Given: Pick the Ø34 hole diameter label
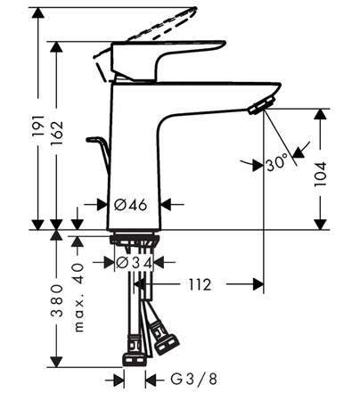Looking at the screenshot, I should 135,263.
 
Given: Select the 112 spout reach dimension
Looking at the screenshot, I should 199,285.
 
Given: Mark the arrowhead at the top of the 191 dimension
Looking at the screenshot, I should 37,12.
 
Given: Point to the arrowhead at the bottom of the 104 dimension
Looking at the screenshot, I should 320,224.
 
